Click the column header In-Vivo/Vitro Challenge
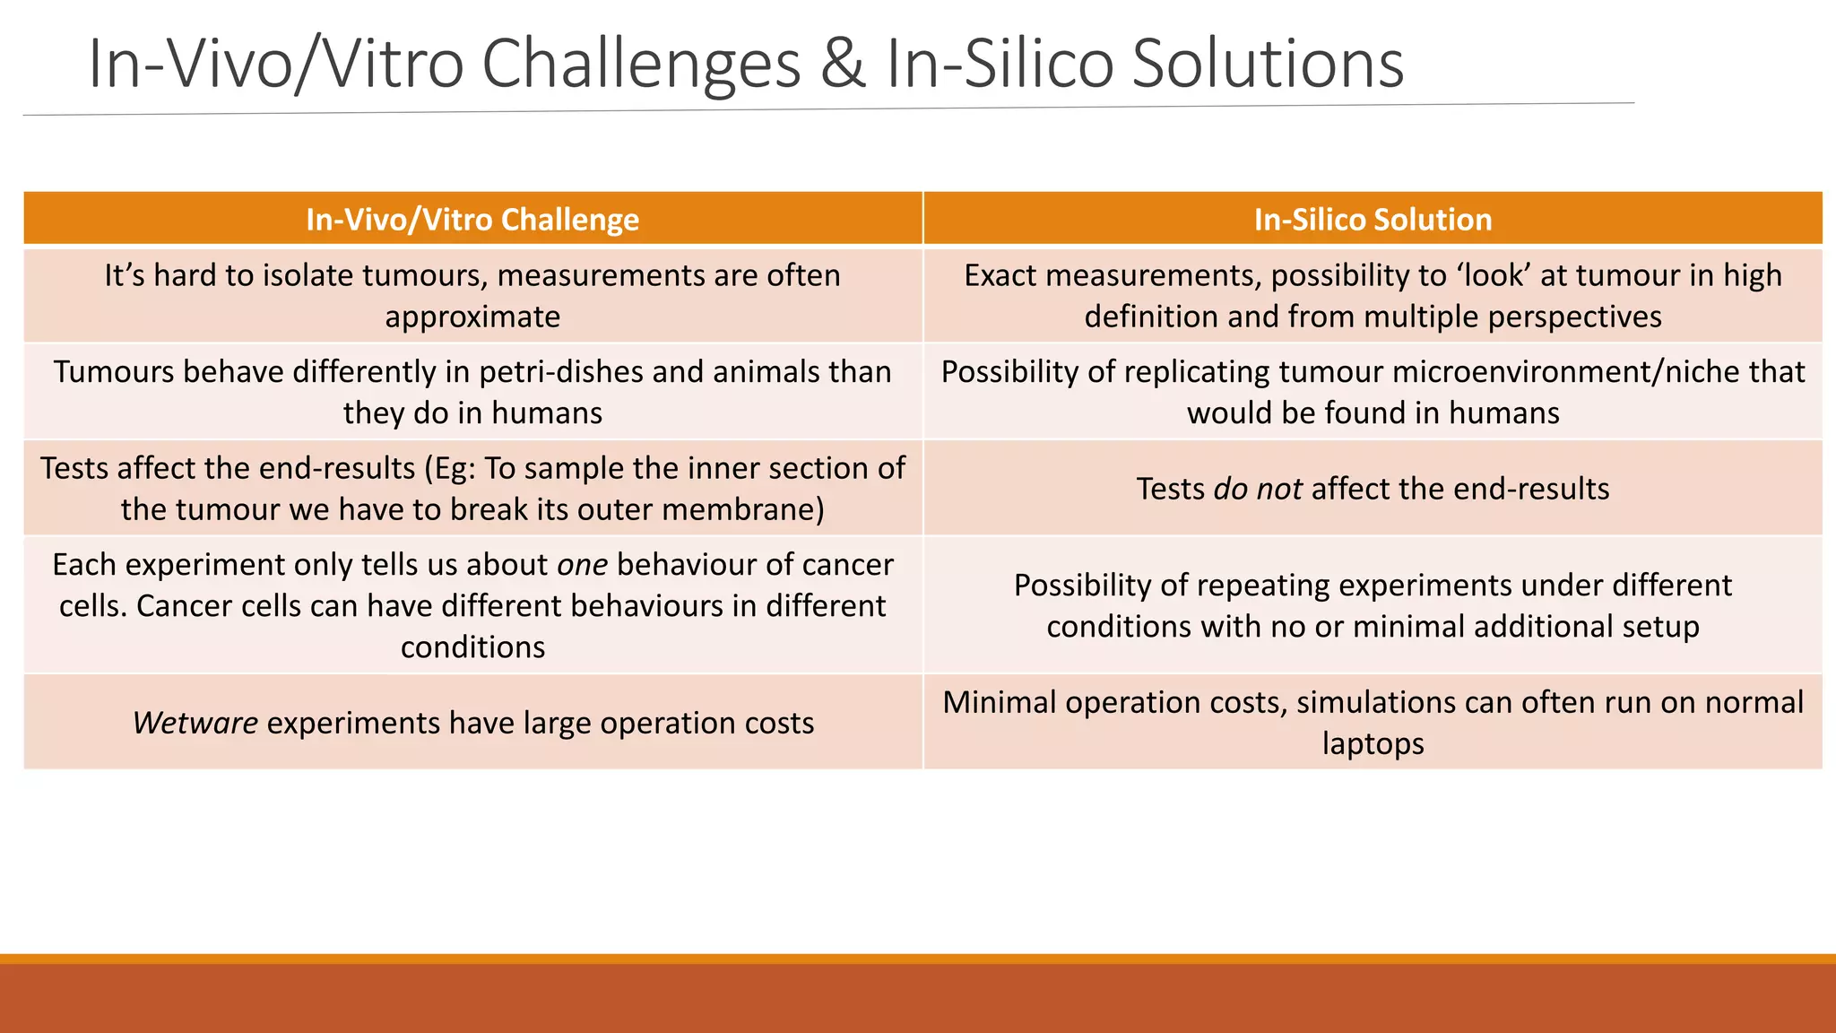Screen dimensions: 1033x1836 click(x=472, y=220)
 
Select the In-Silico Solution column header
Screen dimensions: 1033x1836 click(x=1373, y=220)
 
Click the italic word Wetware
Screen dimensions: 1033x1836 click(x=195, y=723)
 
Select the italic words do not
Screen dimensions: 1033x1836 click(x=1258, y=489)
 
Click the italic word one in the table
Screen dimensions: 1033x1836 click(x=582, y=565)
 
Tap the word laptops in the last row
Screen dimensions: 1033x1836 click(x=1373, y=743)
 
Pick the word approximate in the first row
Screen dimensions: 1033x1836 click(x=472, y=317)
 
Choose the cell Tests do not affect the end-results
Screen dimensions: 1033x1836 click(x=1373, y=489)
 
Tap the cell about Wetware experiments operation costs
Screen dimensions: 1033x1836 click(x=472, y=723)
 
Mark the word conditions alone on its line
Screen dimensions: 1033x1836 click(x=472, y=647)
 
